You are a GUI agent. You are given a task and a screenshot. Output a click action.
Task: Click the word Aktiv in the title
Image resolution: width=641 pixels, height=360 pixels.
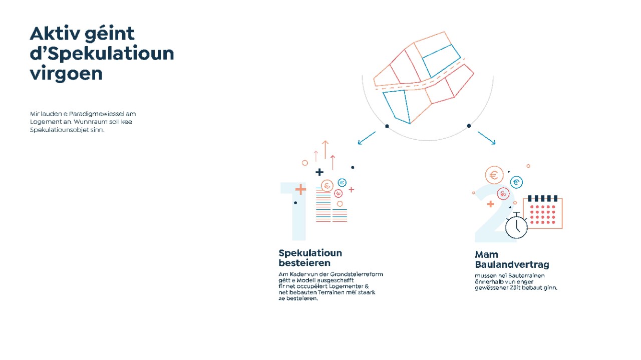click(x=55, y=34)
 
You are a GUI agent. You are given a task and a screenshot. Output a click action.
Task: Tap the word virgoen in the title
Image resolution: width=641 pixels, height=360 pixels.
click(x=66, y=74)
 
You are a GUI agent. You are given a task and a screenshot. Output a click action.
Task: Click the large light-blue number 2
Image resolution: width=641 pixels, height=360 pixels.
click(x=494, y=215)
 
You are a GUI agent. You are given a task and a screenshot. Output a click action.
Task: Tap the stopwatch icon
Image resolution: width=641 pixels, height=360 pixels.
click(x=516, y=226)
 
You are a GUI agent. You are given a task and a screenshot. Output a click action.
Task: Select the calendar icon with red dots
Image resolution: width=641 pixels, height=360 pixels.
click(x=542, y=212)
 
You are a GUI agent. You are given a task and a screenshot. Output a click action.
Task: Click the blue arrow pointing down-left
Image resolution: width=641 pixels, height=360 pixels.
click(x=367, y=138)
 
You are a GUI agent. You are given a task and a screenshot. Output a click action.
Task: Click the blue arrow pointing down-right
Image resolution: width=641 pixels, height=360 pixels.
click(x=486, y=138)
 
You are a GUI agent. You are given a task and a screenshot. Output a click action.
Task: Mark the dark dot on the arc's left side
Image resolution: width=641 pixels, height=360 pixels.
click(x=387, y=126)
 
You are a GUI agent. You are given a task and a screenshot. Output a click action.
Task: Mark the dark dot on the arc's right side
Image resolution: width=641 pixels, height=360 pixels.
click(x=469, y=126)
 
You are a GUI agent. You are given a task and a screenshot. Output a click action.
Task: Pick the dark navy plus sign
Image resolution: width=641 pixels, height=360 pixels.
click(x=319, y=172)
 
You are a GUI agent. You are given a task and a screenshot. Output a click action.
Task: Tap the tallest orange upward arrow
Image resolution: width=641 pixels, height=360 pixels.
click(x=325, y=149)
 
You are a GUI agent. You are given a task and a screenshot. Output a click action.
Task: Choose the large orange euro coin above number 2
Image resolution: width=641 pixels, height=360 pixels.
click(x=494, y=175)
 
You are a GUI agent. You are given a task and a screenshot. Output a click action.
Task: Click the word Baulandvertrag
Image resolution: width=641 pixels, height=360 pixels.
click(x=512, y=264)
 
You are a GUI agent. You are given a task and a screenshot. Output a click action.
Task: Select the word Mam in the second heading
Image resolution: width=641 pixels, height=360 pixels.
click(x=486, y=254)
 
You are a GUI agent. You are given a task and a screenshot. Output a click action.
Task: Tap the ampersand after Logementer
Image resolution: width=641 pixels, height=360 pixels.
click(x=367, y=286)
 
